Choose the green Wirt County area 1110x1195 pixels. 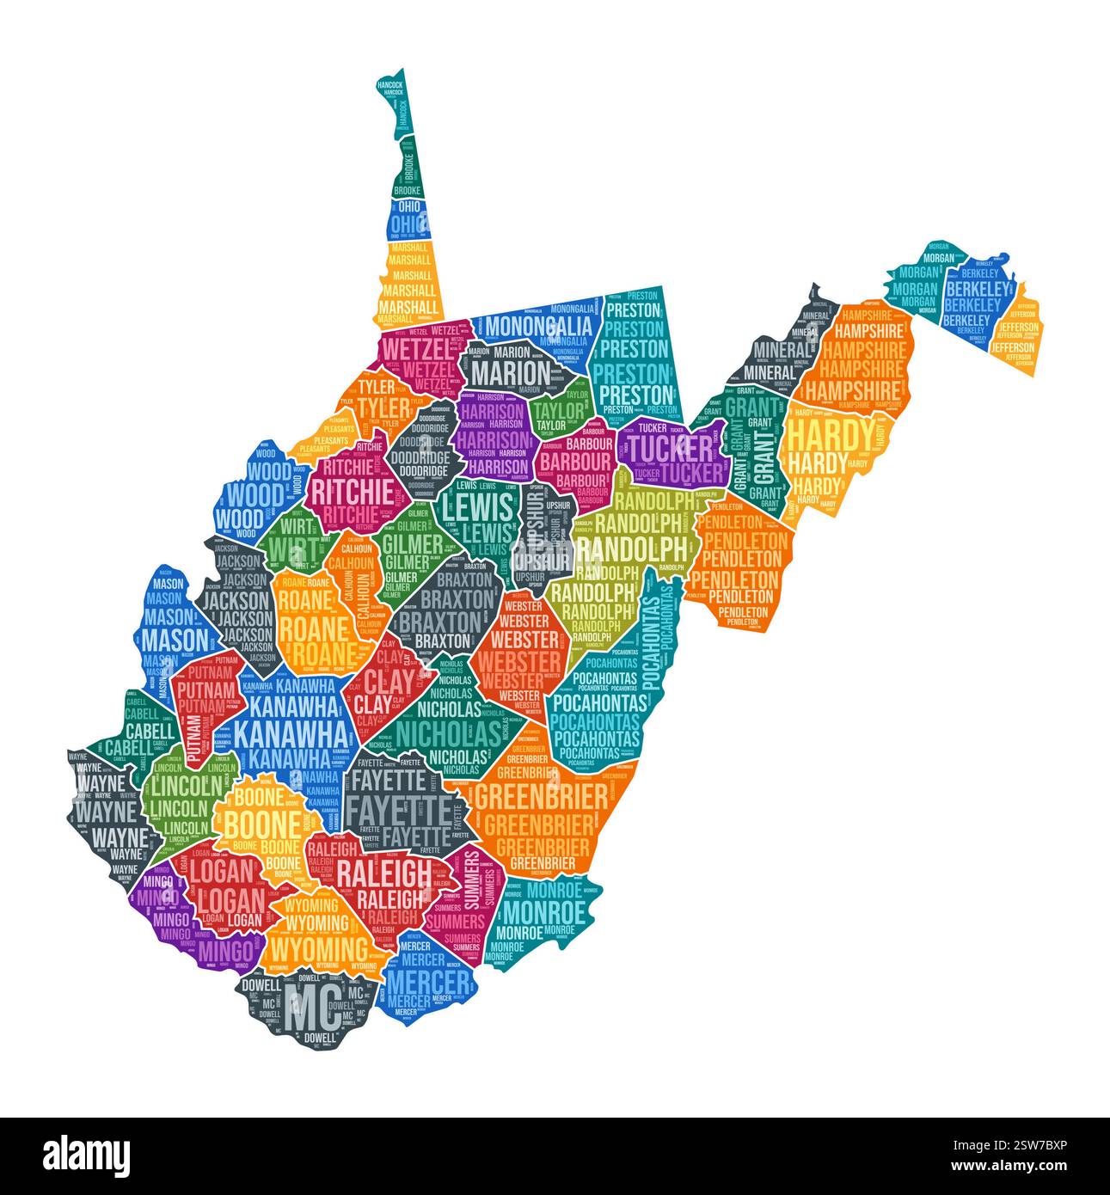click(x=295, y=543)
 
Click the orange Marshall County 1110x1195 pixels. click(x=408, y=284)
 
